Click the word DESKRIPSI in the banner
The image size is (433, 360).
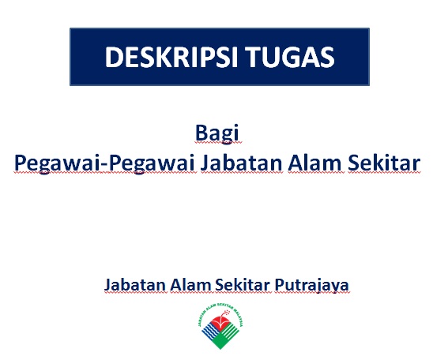(x=171, y=57)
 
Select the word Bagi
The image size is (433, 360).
(x=216, y=133)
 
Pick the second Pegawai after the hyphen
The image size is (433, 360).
(x=152, y=163)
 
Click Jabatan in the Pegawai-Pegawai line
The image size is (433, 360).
(x=241, y=163)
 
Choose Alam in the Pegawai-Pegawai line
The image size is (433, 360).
(x=315, y=163)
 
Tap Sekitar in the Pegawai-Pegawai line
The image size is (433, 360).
(x=384, y=163)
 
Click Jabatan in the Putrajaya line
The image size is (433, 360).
(x=135, y=284)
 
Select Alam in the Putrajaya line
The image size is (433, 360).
(x=190, y=284)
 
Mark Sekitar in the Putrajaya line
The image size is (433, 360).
(x=243, y=284)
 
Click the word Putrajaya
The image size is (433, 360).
(x=311, y=285)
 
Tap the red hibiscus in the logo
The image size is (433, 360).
(x=220, y=321)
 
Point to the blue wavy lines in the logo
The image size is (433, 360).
(x=210, y=331)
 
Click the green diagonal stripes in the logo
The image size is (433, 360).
(x=230, y=331)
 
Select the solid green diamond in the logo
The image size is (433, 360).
(x=220, y=342)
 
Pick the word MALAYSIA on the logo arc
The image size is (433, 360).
(x=239, y=317)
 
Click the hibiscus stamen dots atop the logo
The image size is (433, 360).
(x=227, y=313)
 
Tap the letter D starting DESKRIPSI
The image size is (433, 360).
(x=112, y=57)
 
